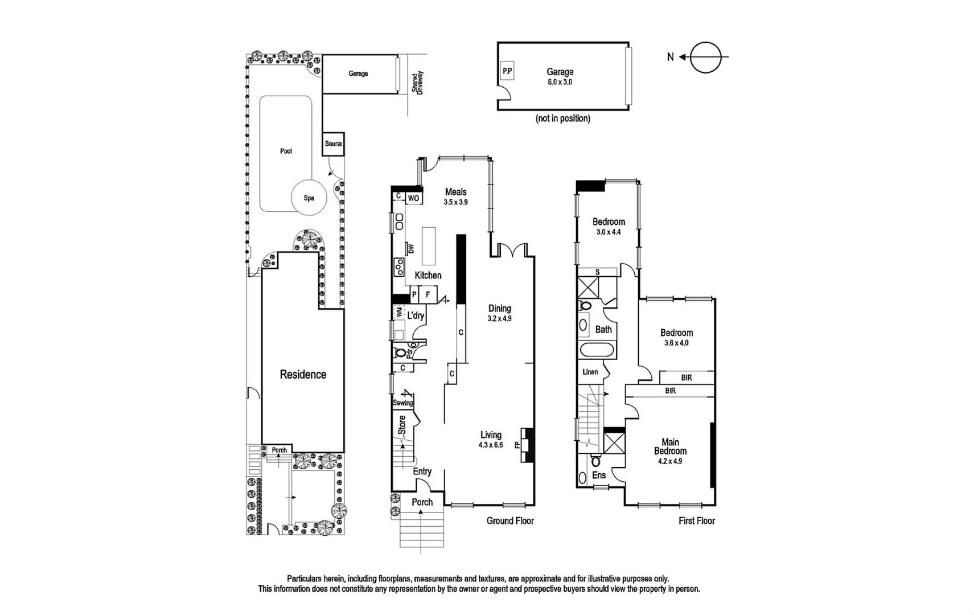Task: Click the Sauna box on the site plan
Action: coord(334,144)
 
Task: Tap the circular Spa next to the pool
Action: coord(309,198)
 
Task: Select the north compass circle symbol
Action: coord(705,57)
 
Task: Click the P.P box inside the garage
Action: coord(507,72)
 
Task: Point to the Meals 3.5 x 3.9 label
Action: coord(455,196)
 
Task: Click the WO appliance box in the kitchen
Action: coord(414,198)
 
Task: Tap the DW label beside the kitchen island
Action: coord(410,249)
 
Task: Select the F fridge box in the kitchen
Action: coord(428,295)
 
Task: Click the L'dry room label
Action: coord(416,315)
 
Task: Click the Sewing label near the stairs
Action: coord(402,403)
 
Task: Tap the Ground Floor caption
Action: coord(510,520)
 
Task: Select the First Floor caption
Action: coord(696,520)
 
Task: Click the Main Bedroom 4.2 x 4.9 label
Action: coord(670,451)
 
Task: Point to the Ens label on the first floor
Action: coord(599,475)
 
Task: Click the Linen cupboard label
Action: coord(590,372)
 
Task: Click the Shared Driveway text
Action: coord(418,82)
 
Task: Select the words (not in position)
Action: coord(562,118)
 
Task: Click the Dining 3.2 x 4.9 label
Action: coord(499,313)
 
